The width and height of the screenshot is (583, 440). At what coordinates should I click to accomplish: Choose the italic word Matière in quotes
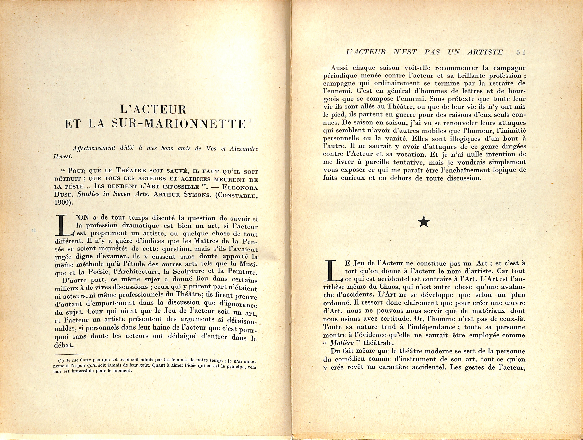(x=342, y=343)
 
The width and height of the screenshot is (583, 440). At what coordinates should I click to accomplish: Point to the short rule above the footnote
(x=70, y=354)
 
